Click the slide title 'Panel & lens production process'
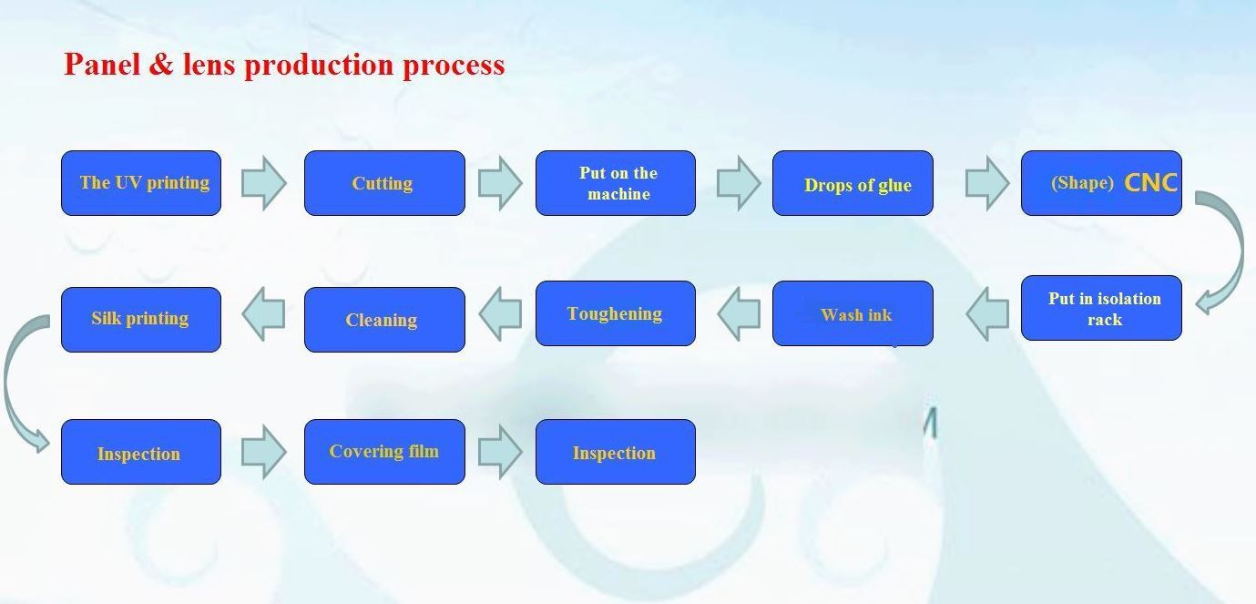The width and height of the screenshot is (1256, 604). (284, 65)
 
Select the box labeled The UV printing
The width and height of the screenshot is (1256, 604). (141, 183)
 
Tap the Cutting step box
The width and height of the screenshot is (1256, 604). (384, 183)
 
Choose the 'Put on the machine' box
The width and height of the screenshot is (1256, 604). (616, 183)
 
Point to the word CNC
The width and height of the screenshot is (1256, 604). (1151, 183)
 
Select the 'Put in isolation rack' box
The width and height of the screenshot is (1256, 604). (1101, 308)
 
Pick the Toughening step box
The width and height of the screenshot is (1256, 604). (616, 313)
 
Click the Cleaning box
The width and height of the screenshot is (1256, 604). (384, 320)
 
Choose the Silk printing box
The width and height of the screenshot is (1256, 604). (141, 320)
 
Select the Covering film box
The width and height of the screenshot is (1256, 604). (384, 452)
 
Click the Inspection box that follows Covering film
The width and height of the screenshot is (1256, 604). (616, 452)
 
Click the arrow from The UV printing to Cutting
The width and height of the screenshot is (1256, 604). (263, 183)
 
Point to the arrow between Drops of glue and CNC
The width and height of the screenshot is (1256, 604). (986, 183)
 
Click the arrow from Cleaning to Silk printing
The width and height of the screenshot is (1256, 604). (263, 314)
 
